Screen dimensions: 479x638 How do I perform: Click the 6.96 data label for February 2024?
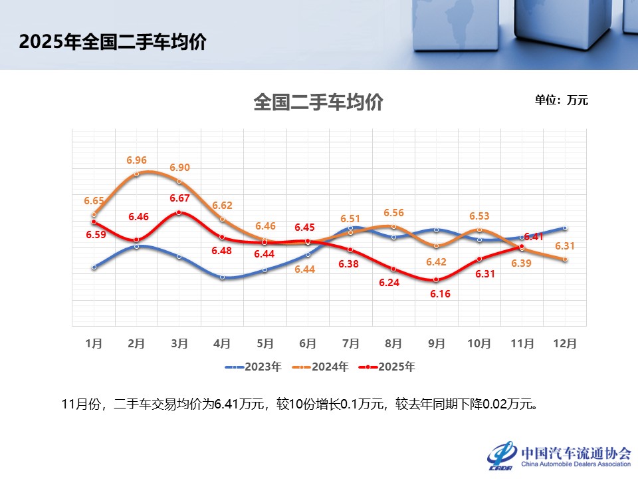tap(136, 160)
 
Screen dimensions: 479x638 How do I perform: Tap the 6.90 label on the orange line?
tap(179, 168)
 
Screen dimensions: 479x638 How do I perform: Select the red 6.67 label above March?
tap(179, 198)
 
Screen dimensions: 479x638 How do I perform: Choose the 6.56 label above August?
tap(394, 213)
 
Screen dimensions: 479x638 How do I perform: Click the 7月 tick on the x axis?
tap(351, 343)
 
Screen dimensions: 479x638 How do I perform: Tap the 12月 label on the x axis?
tap(565, 343)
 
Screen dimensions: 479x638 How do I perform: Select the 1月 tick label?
tap(94, 343)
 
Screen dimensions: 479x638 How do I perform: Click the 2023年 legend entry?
tap(254, 367)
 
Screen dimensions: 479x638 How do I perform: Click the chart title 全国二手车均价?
tap(318, 103)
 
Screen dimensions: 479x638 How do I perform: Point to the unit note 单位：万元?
tap(562, 100)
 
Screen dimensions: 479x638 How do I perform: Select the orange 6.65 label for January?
tap(94, 200)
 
